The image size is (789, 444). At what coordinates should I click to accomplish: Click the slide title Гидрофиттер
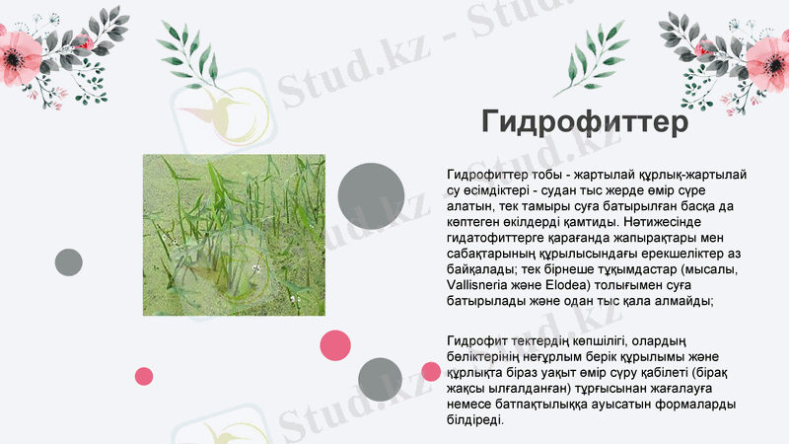(585, 122)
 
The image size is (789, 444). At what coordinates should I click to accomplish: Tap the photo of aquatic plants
(234, 235)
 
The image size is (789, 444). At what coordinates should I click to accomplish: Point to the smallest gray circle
(68, 262)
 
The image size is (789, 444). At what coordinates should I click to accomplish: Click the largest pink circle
(335, 345)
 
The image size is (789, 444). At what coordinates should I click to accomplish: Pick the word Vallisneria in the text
(479, 285)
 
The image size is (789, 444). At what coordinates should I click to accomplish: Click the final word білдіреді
(474, 421)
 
